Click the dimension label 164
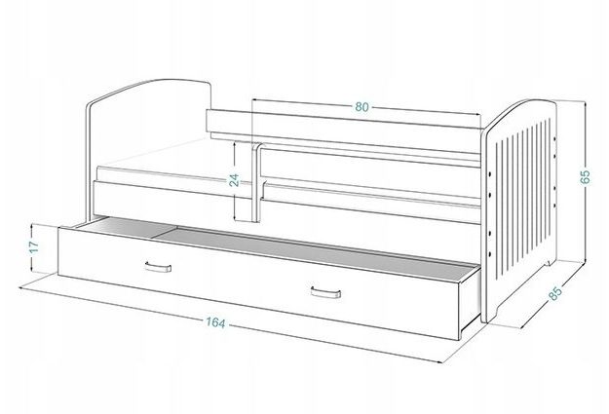point(215,322)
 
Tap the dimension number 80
point(362,107)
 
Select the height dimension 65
point(585,176)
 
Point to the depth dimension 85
point(555,293)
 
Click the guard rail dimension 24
point(234,180)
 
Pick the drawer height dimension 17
point(34,247)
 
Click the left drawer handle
point(158,267)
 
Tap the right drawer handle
point(325,292)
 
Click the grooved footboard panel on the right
point(519,209)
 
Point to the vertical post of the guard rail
point(256,182)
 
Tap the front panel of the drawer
point(258,282)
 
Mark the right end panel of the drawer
point(470,298)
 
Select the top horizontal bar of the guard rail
point(344,121)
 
